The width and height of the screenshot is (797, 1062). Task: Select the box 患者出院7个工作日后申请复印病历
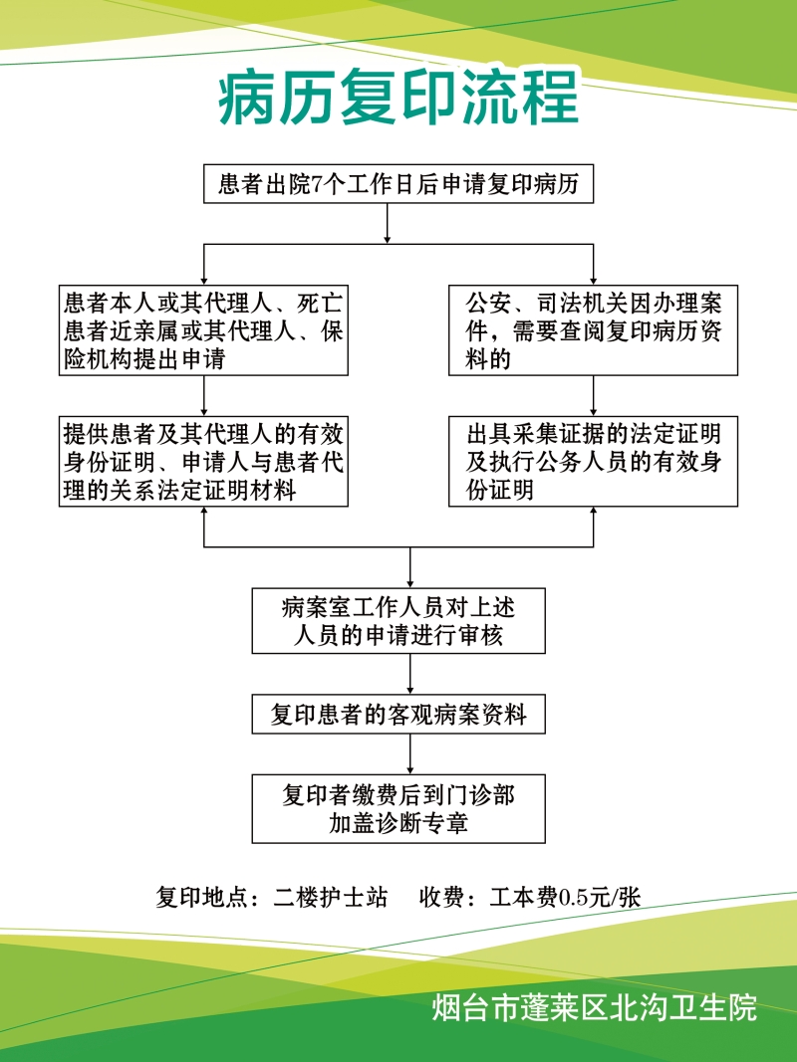coord(398,183)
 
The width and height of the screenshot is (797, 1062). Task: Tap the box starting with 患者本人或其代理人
coord(203,330)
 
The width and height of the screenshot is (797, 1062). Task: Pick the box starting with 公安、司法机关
coord(593,330)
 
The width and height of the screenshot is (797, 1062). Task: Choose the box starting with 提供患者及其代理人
coord(203,461)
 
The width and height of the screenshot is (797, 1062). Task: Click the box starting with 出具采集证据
coord(593,461)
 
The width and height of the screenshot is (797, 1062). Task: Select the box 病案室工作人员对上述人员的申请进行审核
coord(398,620)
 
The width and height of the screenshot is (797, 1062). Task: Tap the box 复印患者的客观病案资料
coord(398,714)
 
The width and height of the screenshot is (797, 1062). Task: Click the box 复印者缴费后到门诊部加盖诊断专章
coord(398,808)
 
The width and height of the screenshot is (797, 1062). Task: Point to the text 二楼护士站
coord(330,897)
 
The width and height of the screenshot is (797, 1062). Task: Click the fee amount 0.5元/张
coord(599,897)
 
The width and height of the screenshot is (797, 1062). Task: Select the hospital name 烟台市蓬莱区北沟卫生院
coord(594,1007)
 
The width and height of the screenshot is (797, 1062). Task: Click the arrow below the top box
coord(387,224)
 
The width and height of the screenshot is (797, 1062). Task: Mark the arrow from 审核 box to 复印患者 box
coord(410,674)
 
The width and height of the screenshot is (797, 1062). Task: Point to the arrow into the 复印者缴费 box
coord(410,753)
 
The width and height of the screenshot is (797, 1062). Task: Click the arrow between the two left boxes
coord(204,396)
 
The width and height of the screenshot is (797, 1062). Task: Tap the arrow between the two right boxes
coord(594,396)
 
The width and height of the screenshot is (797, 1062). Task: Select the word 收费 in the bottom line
coord(442,897)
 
